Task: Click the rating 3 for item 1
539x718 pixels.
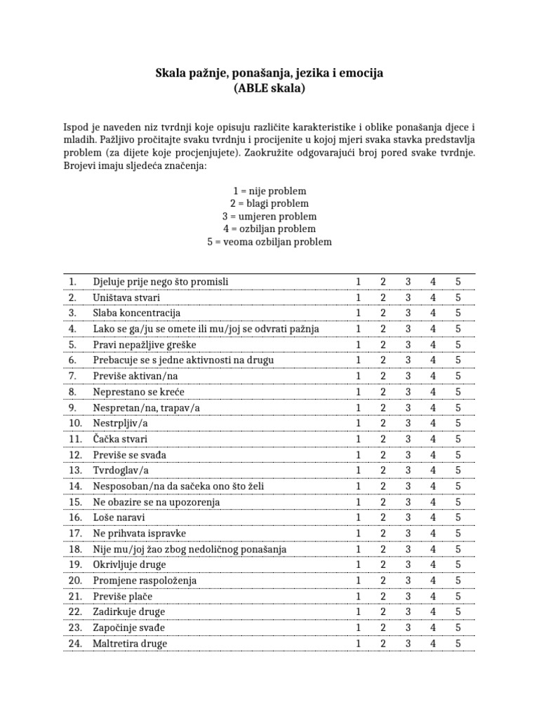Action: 408,282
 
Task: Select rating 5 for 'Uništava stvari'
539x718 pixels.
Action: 458,297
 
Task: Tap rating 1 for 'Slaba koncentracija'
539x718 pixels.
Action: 358,313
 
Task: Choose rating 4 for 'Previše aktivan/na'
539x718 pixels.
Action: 433,377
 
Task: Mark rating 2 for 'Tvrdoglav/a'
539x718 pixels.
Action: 383,470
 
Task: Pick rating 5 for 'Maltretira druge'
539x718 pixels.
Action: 458,644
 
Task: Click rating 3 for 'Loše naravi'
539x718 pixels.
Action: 408,517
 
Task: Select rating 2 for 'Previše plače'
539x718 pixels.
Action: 383,597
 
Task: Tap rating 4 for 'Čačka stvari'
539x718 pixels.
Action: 433,439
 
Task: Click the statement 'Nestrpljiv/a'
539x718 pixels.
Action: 119,424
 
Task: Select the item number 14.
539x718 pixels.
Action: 75,486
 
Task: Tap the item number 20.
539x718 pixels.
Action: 75,581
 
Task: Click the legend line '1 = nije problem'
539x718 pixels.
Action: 269,191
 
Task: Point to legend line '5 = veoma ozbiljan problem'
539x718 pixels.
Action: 269,242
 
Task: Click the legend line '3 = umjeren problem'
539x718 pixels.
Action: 269,217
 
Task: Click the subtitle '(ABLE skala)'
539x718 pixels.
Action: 269,89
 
